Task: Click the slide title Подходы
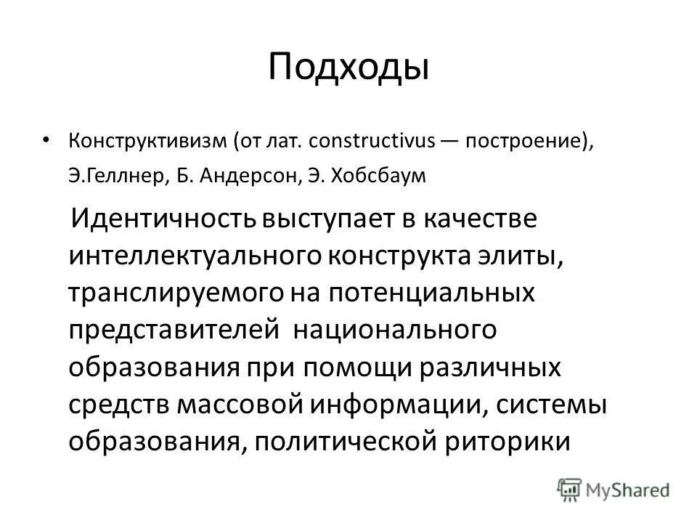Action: (348, 68)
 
